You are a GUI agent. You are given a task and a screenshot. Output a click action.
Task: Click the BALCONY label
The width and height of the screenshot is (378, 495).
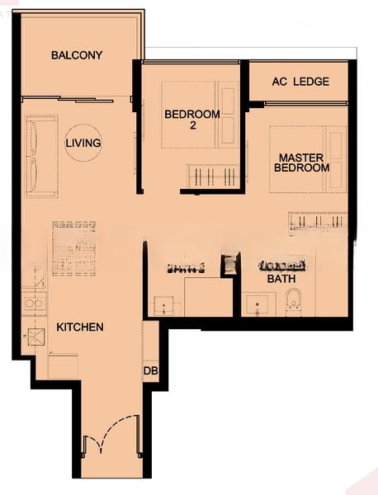point(76,55)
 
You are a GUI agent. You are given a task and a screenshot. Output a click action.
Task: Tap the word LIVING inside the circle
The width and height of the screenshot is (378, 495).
point(83,143)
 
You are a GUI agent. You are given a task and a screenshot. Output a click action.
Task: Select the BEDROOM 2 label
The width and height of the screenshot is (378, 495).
point(191,120)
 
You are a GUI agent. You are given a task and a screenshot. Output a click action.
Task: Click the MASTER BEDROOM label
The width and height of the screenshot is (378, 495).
point(303,163)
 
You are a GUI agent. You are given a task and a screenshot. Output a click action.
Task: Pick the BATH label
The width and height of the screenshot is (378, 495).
point(281,280)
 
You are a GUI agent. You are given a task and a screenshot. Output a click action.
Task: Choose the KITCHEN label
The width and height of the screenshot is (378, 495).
point(79,328)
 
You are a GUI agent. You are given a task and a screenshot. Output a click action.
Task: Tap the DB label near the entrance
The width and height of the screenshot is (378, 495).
point(150,372)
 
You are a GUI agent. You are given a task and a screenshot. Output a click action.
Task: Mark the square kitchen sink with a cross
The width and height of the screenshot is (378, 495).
point(35,337)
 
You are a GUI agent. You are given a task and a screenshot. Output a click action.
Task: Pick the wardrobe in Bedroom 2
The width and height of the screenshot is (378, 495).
point(214,176)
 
